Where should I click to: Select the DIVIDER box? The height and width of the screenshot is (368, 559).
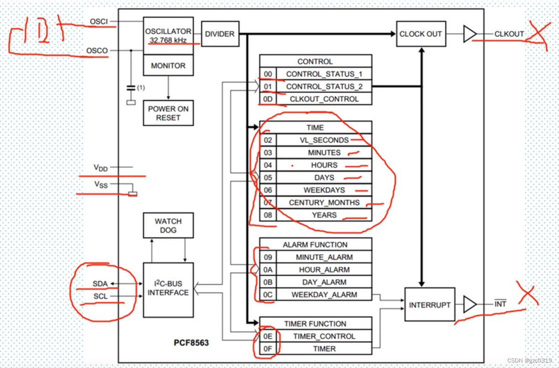coord(220,34)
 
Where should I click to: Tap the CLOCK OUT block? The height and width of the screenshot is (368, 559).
coord(420,34)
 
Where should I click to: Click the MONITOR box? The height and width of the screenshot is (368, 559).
coord(168,66)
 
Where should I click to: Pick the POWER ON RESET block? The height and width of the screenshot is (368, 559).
coord(168,113)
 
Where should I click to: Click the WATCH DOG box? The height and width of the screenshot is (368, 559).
coord(168,225)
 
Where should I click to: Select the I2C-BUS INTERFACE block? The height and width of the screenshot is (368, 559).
coord(168,289)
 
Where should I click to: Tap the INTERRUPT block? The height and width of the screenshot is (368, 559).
coord(430,305)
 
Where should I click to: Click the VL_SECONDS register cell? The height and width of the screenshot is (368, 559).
coord(324,140)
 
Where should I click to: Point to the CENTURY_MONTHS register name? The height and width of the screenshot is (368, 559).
coord(324,203)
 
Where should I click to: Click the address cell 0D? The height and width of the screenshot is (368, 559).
coord(268,99)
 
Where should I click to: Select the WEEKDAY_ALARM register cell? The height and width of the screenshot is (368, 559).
coord(324,294)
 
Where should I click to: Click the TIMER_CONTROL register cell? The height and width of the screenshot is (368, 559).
coord(324,336)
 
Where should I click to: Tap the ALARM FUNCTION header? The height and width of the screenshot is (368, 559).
coord(315,244)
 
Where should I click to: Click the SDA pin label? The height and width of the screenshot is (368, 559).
coord(100,284)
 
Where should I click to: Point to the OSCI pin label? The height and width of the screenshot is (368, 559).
coord(99,21)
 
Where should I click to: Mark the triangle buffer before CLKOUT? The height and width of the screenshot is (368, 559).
coord(469,34)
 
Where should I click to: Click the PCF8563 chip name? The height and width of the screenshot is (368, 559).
coord(191,342)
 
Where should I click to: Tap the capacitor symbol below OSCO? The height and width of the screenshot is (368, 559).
coord(131,88)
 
